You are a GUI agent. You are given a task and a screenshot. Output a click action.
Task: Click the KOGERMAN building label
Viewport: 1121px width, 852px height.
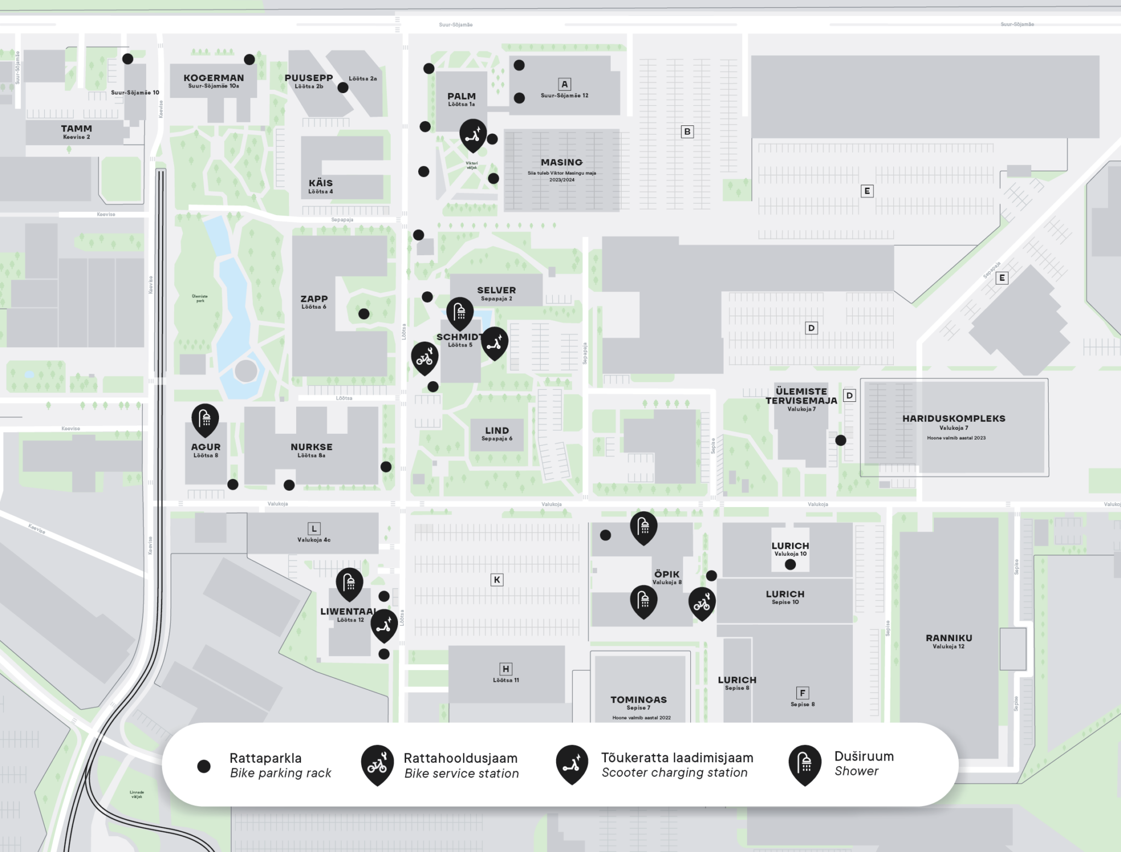(213, 78)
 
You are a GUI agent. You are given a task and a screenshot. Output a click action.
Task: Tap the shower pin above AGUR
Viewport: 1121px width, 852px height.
(205, 419)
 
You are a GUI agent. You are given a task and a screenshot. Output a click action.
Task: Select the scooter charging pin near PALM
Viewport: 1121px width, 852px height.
(472, 134)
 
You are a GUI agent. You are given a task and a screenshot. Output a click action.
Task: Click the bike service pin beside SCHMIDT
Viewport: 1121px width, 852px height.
(425, 358)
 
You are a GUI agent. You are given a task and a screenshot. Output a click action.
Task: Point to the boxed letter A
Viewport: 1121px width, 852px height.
(564, 84)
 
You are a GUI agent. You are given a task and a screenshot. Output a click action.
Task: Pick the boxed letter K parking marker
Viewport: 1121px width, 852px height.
(496, 580)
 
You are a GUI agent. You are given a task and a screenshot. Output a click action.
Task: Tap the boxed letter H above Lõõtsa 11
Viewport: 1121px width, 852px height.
(506, 669)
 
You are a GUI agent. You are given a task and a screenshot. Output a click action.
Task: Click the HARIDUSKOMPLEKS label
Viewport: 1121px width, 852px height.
(954, 419)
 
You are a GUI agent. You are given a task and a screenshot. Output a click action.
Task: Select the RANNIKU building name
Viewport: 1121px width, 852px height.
(949, 638)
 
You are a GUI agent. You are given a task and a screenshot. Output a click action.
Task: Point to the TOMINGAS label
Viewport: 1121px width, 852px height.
(638, 700)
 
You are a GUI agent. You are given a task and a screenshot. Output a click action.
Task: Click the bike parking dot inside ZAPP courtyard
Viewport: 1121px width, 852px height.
(364, 314)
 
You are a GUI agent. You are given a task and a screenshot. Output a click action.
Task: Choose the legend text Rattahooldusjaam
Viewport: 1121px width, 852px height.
(460, 758)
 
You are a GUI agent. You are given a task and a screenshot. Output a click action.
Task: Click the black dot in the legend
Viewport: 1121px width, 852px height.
(204, 766)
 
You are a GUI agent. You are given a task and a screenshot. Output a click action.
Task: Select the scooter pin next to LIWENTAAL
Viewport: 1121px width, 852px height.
(384, 624)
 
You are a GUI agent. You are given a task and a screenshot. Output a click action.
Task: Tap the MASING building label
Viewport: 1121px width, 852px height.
(562, 163)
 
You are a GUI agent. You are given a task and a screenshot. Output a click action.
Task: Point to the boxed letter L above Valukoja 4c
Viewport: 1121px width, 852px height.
(314, 528)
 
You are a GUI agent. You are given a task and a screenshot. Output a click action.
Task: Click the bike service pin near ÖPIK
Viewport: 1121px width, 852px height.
(702, 603)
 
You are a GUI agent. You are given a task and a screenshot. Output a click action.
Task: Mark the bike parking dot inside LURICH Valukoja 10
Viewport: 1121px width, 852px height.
(790, 565)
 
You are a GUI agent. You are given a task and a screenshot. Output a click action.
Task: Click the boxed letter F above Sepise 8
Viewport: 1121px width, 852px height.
(802, 693)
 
